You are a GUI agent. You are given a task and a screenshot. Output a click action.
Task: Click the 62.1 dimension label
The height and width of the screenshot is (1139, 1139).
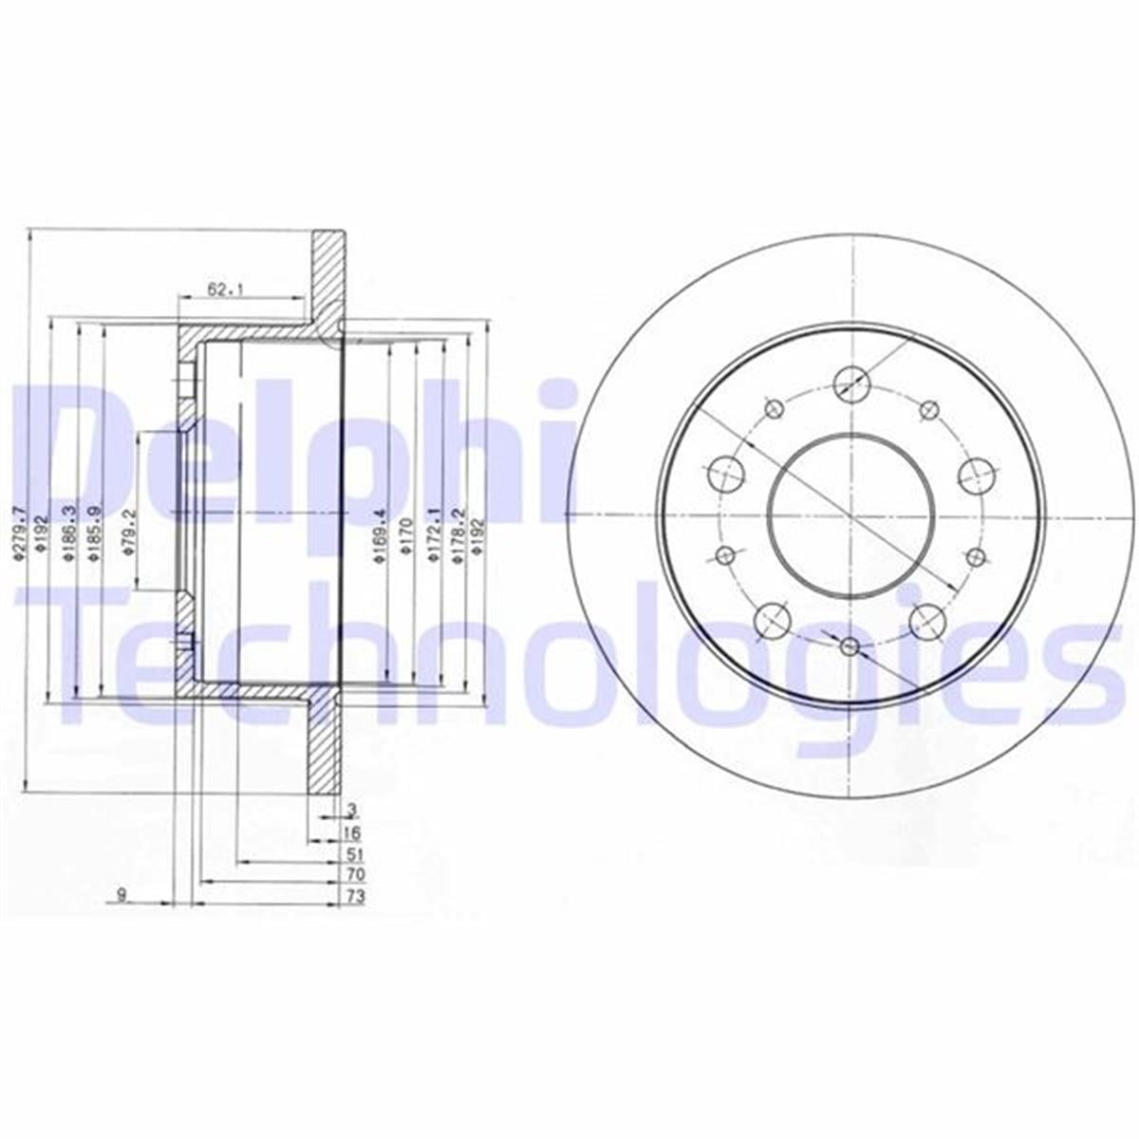click(220, 289)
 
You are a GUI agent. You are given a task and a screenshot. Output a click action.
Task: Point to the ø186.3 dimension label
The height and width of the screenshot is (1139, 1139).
click(67, 533)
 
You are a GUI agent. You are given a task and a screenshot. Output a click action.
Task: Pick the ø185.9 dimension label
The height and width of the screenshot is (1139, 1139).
click(92, 533)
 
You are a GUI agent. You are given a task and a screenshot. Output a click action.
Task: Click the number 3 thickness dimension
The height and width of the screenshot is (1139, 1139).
click(352, 810)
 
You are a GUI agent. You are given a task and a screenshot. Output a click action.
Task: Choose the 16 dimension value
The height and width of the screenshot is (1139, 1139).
click(352, 832)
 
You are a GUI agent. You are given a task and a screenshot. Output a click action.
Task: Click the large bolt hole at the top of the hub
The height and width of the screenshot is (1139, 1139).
click(850, 383)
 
